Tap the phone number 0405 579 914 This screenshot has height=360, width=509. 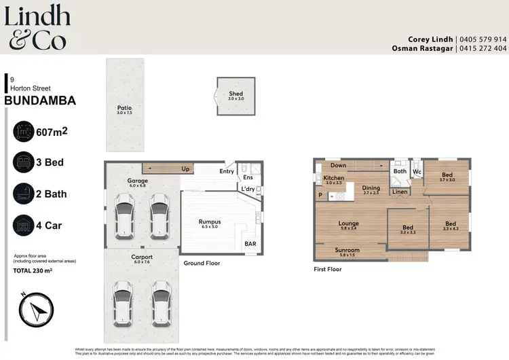pyautogui.click(x=483, y=39)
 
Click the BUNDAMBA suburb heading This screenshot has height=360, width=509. pyautogui.click(x=40, y=101)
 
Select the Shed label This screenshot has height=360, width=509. pyautogui.click(x=235, y=94)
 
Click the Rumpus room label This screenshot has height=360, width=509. pyautogui.click(x=209, y=222)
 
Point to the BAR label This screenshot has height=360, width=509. pyautogui.click(x=250, y=243)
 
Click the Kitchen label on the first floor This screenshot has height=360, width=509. pyautogui.click(x=333, y=178)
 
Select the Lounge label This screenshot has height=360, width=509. pyautogui.click(x=348, y=223)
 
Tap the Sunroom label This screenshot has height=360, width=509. pyautogui.click(x=347, y=250)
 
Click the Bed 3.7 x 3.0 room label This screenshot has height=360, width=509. pyautogui.click(x=447, y=175)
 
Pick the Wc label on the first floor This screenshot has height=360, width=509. pyautogui.click(x=417, y=172)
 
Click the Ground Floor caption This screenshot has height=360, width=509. pyautogui.click(x=202, y=263)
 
